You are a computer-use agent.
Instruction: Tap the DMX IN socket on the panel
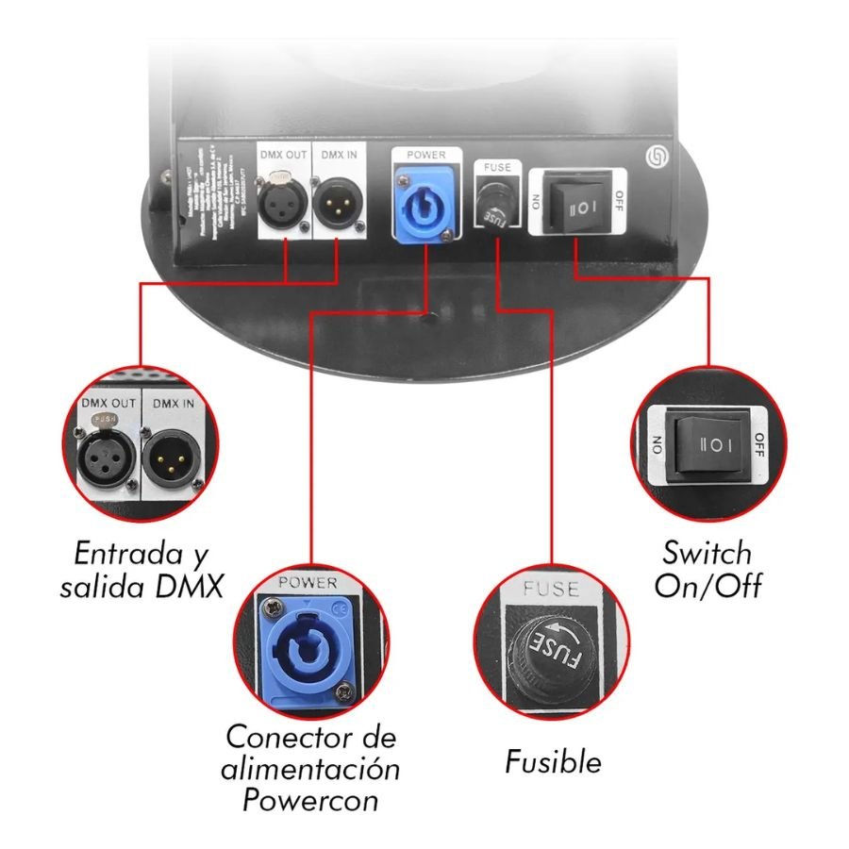tap(339, 196)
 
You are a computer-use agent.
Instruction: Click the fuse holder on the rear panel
tap(494, 204)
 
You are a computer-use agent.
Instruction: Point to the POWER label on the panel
tap(421, 154)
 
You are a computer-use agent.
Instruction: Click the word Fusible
tap(553, 760)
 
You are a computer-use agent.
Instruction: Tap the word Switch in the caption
tap(707, 553)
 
